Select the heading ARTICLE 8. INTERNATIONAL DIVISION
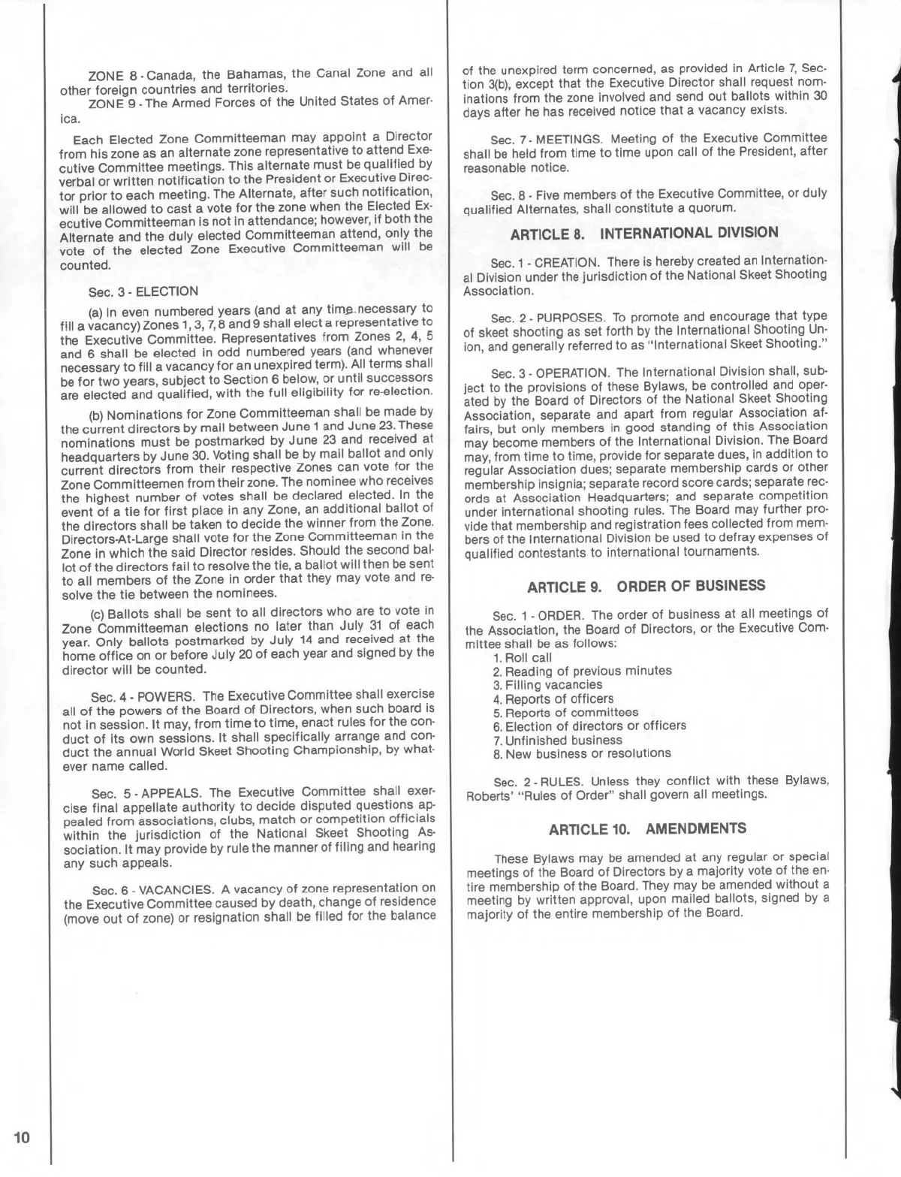point(644,233)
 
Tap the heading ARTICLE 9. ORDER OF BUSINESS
point(646,586)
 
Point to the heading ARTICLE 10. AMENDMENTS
point(647,828)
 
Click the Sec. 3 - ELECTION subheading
point(143,291)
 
